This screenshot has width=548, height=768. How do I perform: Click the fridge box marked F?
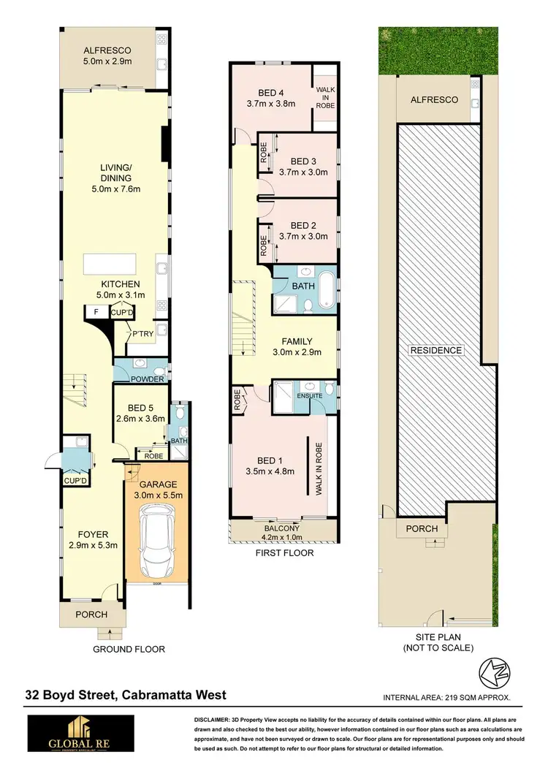(x=95, y=312)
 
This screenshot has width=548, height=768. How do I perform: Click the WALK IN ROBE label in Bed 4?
(x=324, y=96)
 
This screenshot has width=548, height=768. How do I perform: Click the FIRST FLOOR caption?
(x=284, y=553)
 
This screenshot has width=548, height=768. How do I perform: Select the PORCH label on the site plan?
(x=422, y=528)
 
